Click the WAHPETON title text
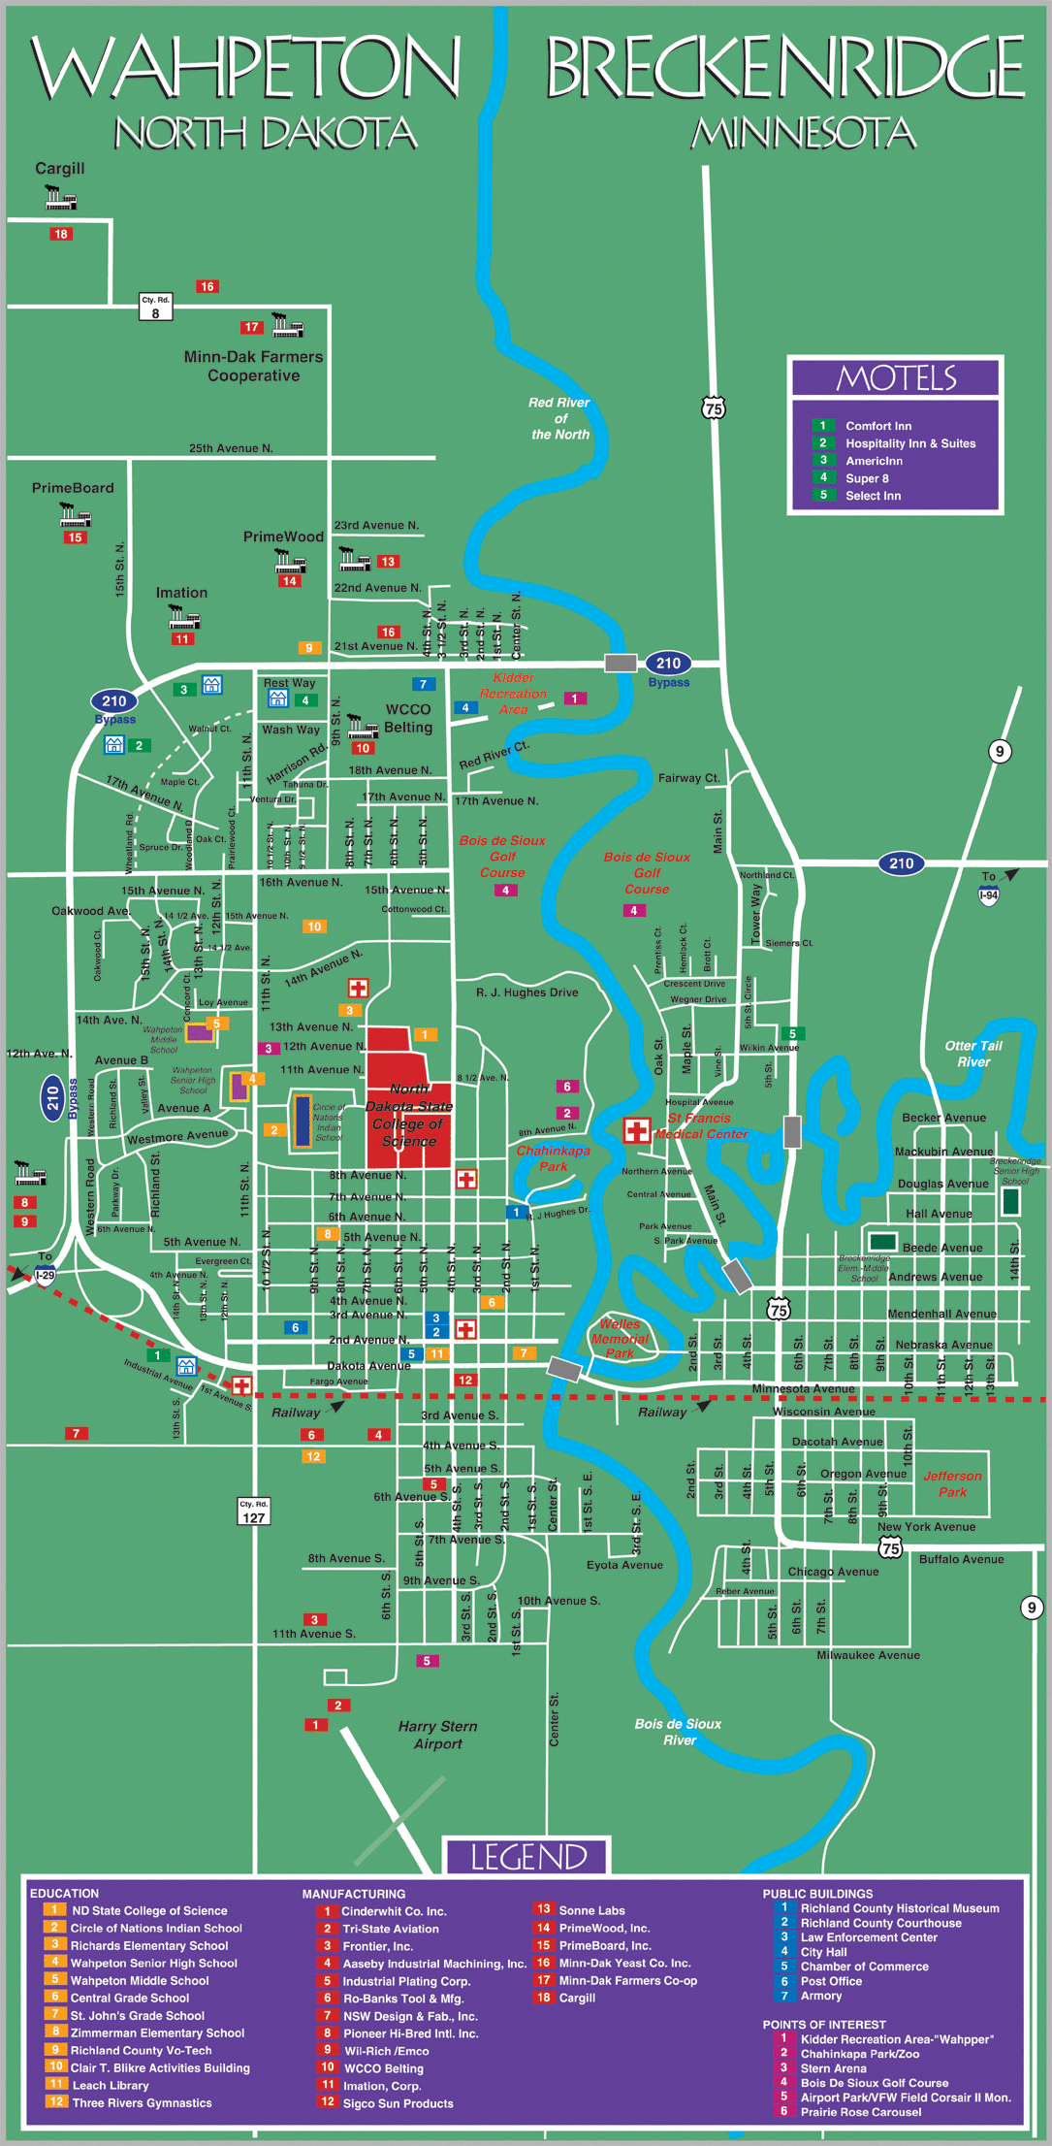(245, 68)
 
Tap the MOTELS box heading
(896, 377)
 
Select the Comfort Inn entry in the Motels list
(877, 426)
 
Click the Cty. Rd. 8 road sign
(155, 307)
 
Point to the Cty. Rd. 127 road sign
(253, 1512)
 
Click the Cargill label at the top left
(60, 169)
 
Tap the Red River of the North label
(559, 418)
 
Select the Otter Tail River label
(973, 1054)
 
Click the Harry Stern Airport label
(437, 1735)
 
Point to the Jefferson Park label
(952, 1483)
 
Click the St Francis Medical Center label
(701, 1125)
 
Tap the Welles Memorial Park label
(620, 1338)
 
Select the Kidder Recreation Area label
(513, 694)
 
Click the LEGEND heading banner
(528, 1857)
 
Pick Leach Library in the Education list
(111, 2085)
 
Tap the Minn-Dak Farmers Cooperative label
(253, 366)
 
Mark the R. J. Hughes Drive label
(526, 992)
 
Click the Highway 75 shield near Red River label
(714, 408)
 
